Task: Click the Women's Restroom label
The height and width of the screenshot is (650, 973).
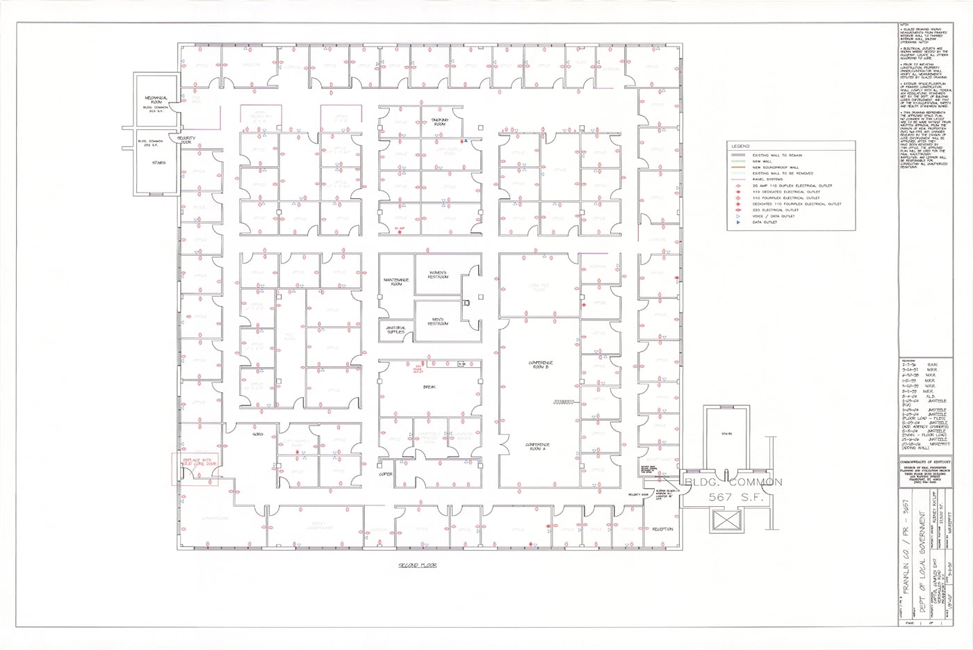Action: click(x=438, y=275)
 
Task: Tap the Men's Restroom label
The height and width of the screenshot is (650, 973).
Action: click(x=438, y=322)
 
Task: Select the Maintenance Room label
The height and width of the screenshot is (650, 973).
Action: click(x=396, y=282)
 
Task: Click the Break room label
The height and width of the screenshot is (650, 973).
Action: click(x=428, y=387)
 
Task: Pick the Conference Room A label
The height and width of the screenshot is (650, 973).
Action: click(x=539, y=446)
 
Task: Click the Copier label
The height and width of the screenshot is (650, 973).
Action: click(x=386, y=474)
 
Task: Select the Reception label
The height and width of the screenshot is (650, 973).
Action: click(x=662, y=529)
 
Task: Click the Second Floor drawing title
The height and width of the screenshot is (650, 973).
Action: click(x=418, y=565)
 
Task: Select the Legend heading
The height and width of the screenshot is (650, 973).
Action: click(x=740, y=146)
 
